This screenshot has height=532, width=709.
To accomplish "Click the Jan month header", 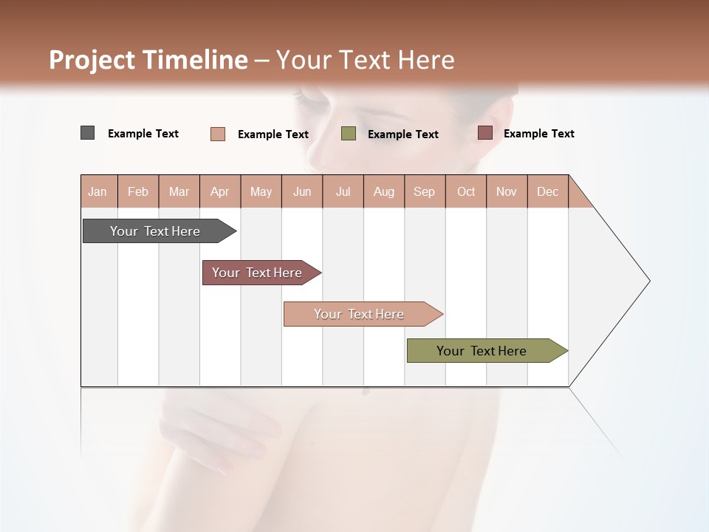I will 98,191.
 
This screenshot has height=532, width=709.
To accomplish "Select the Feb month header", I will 138,191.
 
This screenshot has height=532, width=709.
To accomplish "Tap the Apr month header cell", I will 220,191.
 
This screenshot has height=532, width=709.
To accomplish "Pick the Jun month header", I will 302,191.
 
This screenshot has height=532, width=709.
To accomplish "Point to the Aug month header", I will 384,191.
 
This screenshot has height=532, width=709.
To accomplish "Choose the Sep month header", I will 425,191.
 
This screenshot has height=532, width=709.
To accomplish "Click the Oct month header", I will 466,191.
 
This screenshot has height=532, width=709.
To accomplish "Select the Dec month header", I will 548,191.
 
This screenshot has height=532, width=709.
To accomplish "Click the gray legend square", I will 87,133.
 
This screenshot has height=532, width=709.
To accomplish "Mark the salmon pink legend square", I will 218,134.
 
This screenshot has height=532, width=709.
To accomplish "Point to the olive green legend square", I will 349,134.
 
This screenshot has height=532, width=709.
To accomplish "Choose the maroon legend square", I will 485,133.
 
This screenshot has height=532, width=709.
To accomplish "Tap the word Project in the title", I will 92,60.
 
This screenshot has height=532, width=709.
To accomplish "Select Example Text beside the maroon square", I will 538,134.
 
